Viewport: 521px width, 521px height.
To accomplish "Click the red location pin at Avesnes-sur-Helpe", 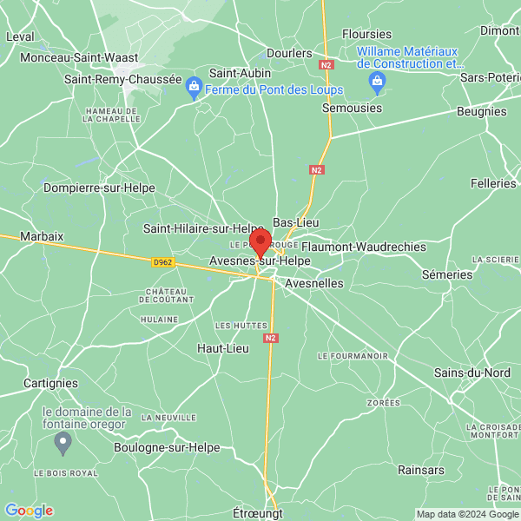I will pyautogui.click(x=260, y=242).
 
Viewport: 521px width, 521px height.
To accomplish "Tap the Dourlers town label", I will pyautogui.click(x=289, y=53).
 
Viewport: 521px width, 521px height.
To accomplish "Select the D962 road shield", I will pyautogui.click(x=162, y=260).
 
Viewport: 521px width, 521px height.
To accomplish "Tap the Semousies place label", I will pyautogui.click(x=352, y=108).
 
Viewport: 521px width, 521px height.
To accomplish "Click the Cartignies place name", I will pyautogui.click(x=50, y=383).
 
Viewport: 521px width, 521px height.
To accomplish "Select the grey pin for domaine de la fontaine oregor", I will pyautogui.click(x=63, y=444).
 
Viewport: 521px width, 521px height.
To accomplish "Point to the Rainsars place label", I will pyautogui.click(x=421, y=470).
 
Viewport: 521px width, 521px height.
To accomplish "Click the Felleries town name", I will pyautogui.click(x=493, y=184).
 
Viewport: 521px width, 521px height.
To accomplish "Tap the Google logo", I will pyautogui.click(x=29, y=511).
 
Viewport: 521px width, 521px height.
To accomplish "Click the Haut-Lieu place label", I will pyautogui.click(x=222, y=348).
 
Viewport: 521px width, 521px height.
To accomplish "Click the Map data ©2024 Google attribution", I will pyautogui.click(x=467, y=513).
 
